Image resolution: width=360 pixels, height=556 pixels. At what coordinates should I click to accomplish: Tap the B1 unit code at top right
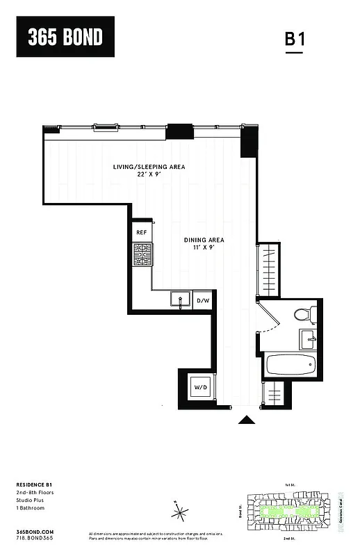point(295,40)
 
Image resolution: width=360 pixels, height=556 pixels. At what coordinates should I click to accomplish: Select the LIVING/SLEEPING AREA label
point(149,167)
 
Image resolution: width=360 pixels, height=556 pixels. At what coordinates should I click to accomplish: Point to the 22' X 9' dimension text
point(149,175)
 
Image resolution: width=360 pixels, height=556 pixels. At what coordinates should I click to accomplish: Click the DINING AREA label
point(204,240)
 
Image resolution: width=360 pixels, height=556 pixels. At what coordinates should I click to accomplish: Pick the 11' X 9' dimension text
point(204,249)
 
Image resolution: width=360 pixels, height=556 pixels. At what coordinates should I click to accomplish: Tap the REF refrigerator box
point(142,232)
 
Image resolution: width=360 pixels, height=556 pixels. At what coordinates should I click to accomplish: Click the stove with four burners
point(142,254)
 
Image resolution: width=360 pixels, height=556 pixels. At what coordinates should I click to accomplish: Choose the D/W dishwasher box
point(203,301)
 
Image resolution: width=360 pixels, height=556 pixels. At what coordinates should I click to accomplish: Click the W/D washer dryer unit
point(200,386)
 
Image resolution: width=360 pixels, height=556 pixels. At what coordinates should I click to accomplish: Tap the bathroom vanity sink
point(308,340)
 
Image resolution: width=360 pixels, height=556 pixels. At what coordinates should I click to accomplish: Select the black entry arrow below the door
point(246,419)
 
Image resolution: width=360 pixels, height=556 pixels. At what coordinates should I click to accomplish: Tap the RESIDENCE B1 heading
point(32,484)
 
